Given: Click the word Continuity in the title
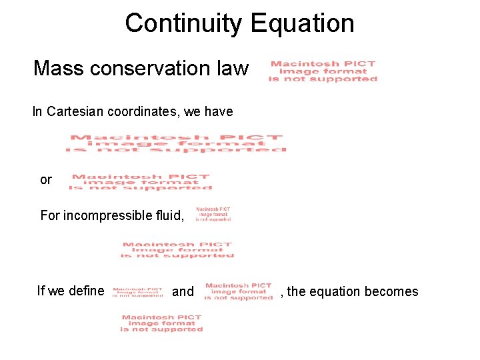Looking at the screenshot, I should [x=181, y=23].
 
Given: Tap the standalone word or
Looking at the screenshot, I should [x=46, y=180].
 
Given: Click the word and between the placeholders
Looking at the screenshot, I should [x=183, y=291].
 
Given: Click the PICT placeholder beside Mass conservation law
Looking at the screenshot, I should [x=323, y=71].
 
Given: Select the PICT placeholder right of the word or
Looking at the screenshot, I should [x=140, y=183].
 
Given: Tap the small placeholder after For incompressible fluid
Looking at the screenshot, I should [x=213, y=214].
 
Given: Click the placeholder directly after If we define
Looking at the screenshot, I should [x=138, y=292].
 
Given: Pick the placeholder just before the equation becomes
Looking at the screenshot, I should [x=239, y=291].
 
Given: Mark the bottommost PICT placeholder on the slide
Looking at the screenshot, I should [x=161, y=323].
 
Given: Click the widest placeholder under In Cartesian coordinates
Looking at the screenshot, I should [x=176, y=144].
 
